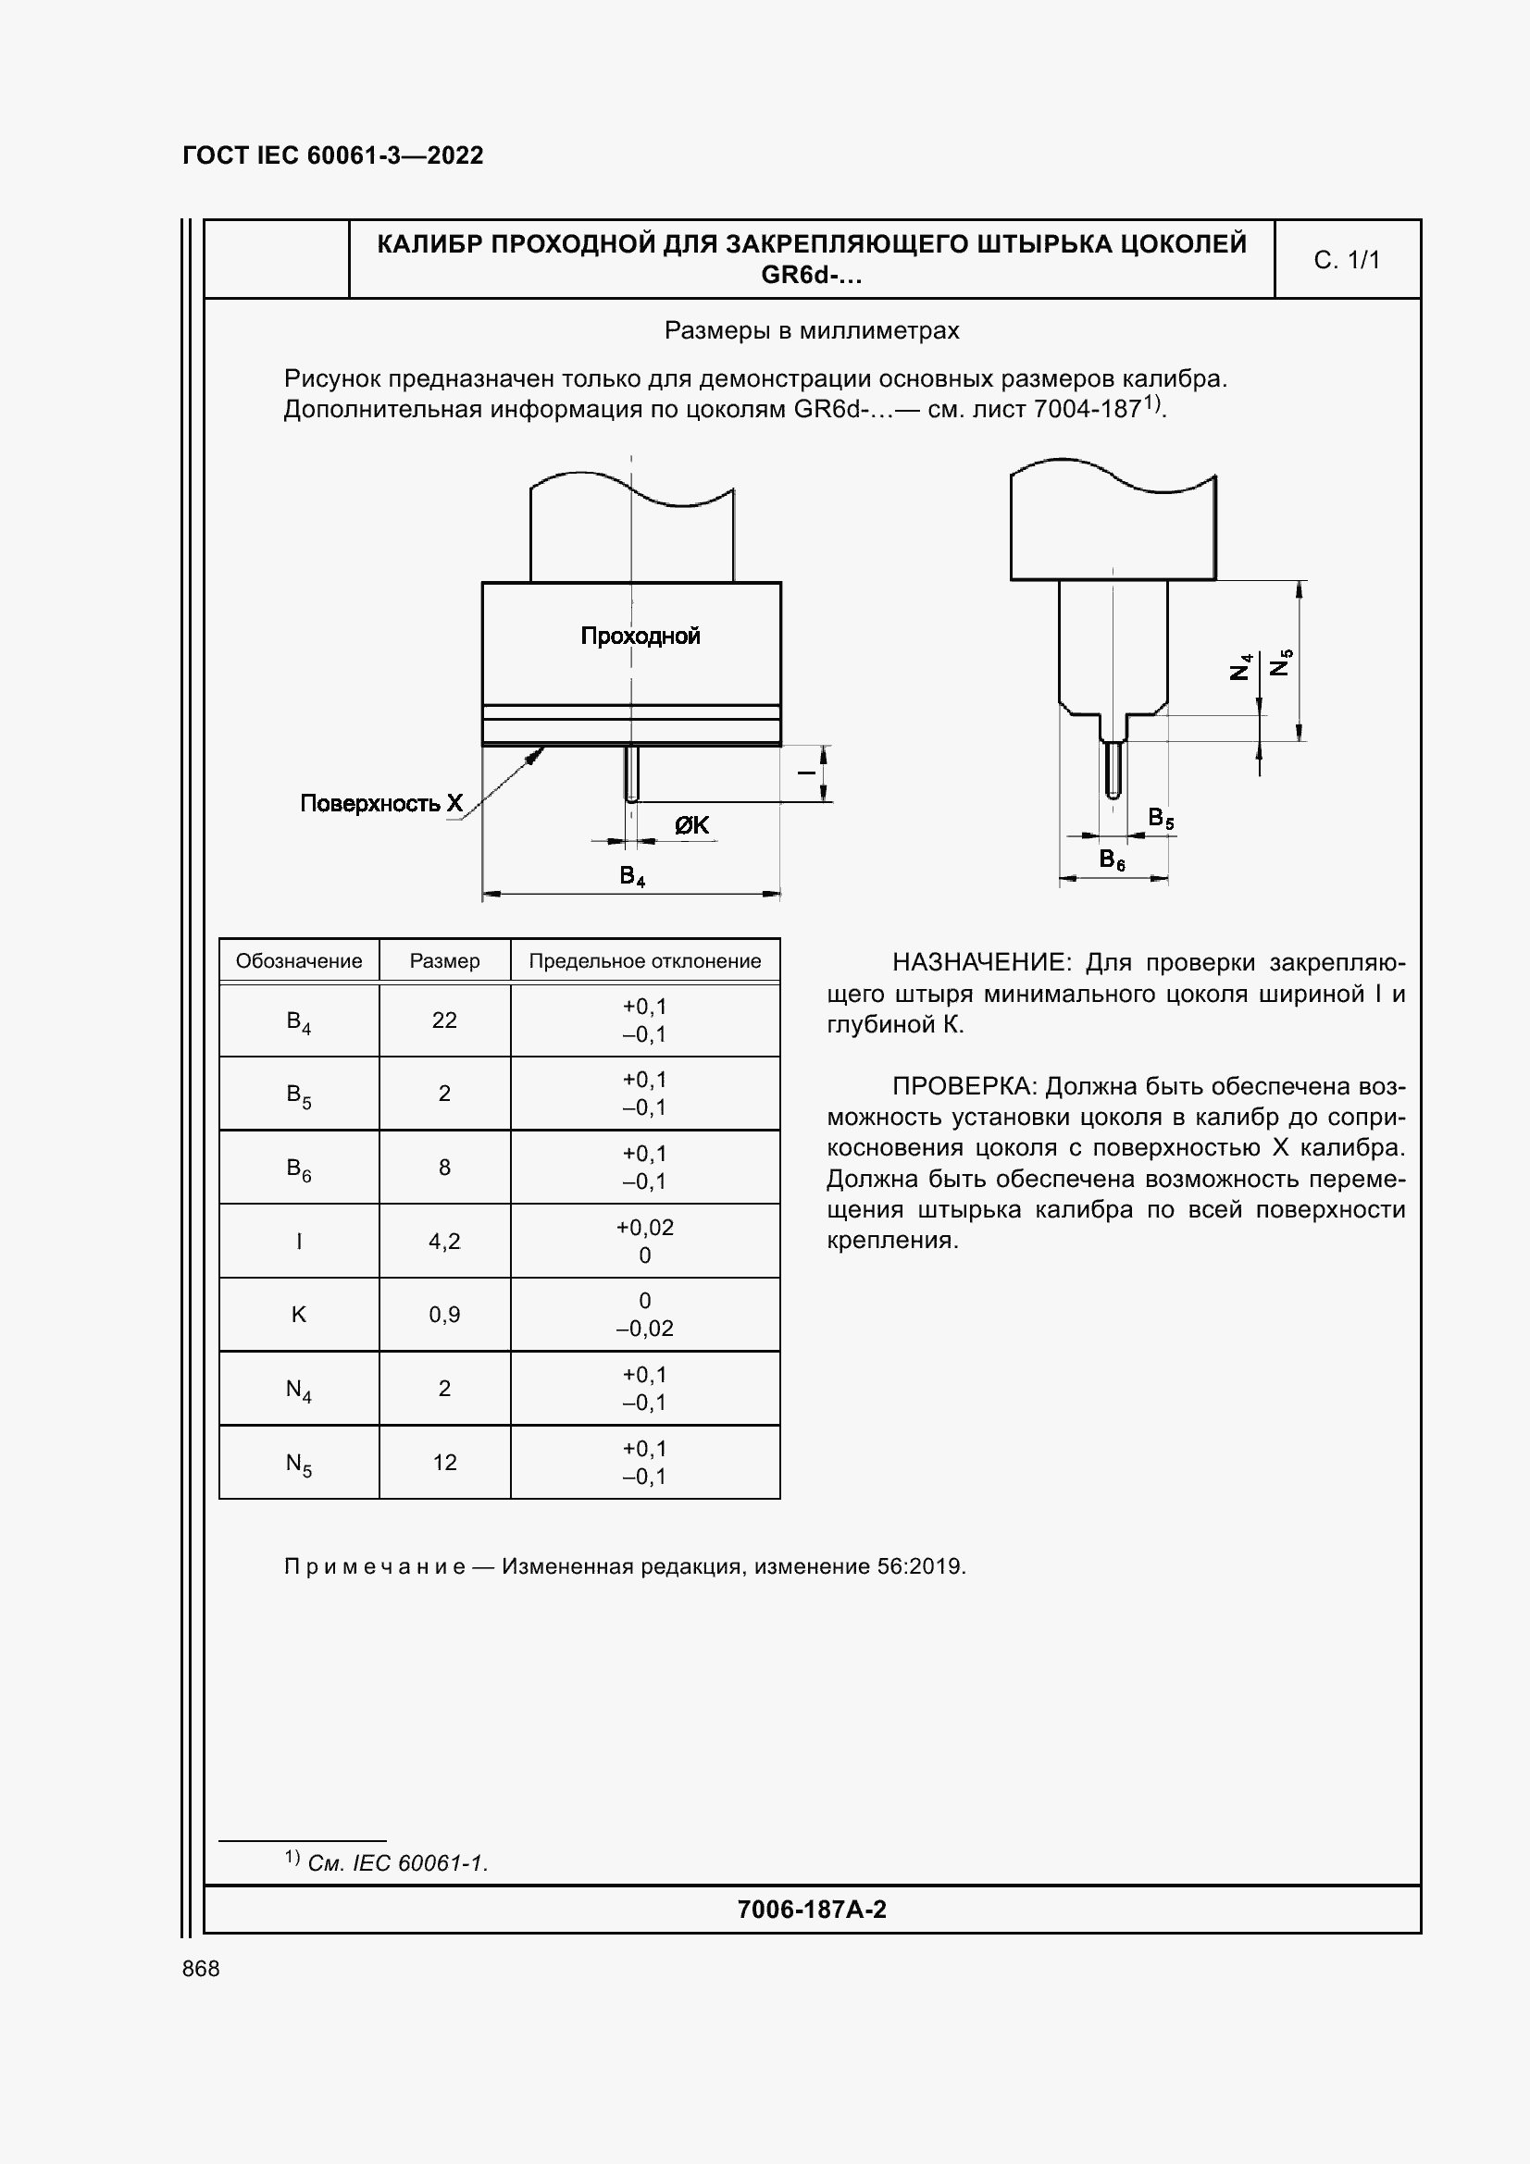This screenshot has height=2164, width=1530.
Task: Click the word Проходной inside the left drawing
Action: (x=641, y=637)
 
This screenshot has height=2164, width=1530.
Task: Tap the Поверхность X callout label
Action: (x=380, y=803)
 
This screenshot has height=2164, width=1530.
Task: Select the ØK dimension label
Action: (x=691, y=825)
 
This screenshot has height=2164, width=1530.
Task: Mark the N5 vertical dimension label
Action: (x=1281, y=662)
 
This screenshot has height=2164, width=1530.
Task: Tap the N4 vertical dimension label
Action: (x=1241, y=666)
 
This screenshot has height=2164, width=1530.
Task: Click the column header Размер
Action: (x=444, y=961)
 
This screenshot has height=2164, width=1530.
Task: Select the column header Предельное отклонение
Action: (x=645, y=961)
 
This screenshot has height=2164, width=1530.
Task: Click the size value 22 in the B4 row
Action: (x=444, y=1020)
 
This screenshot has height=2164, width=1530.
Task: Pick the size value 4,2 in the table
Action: (x=444, y=1242)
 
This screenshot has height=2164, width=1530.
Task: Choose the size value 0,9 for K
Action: (x=444, y=1315)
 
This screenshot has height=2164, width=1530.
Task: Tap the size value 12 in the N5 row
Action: (x=444, y=1462)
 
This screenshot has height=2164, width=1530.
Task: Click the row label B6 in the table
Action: (x=298, y=1169)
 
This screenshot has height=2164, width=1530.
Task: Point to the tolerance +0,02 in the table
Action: (x=645, y=1227)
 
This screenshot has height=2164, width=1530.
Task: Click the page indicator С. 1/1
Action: (x=1346, y=260)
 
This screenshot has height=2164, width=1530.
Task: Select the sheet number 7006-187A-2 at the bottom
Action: (x=812, y=1910)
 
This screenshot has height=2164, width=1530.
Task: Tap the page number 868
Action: (x=201, y=1969)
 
